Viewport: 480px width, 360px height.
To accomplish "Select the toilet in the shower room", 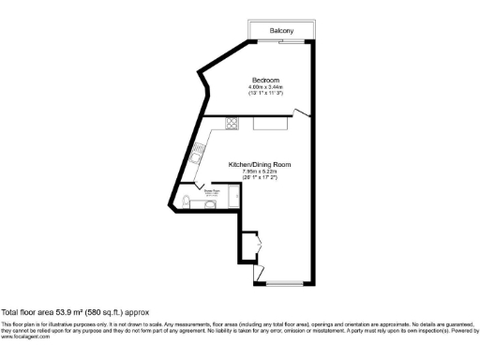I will (x=184, y=202).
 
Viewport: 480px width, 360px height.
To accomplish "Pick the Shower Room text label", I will (x=213, y=190).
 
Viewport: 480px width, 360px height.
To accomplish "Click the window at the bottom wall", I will (x=284, y=282).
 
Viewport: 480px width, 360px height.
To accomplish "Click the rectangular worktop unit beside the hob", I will (x=272, y=123).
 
